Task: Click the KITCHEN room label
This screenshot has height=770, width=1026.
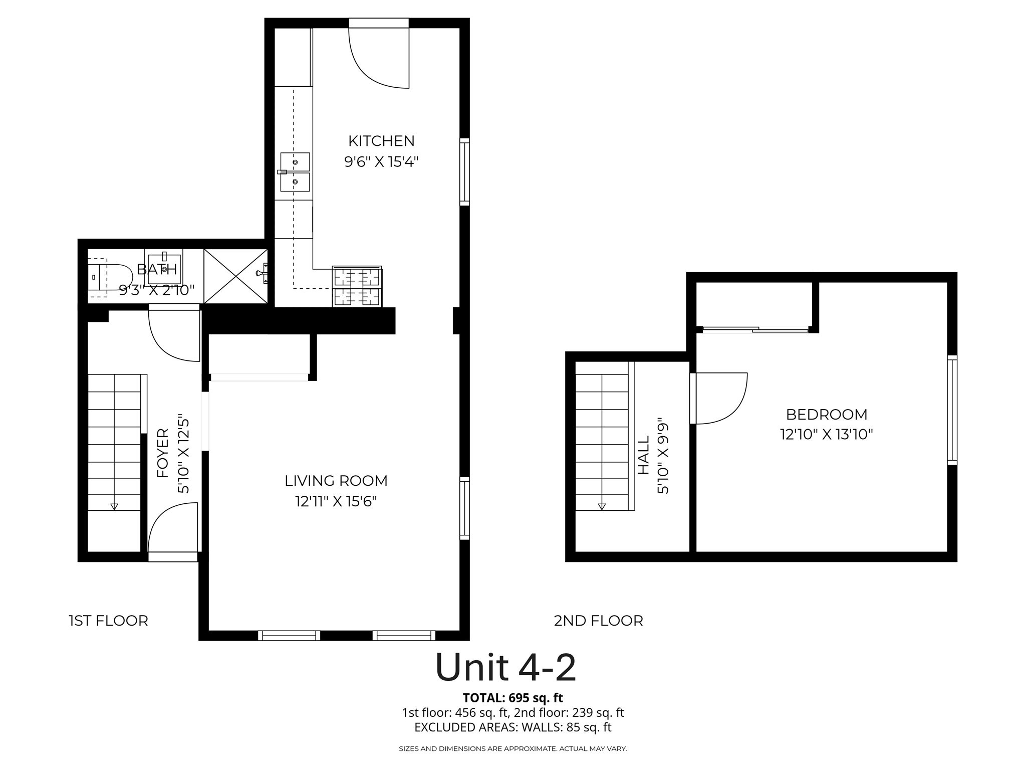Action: click(x=381, y=141)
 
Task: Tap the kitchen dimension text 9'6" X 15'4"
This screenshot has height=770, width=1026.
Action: click(x=381, y=162)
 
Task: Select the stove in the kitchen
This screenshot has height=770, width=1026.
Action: click(x=357, y=287)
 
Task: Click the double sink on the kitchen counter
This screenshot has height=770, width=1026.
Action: click(x=295, y=172)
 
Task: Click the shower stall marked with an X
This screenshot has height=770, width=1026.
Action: click(x=236, y=276)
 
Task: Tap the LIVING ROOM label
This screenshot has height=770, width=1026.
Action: click(x=336, y=481)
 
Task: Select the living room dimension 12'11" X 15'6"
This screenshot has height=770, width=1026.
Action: click(x=336, y=501)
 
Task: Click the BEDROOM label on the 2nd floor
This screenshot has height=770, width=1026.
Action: click(x=827, y=415)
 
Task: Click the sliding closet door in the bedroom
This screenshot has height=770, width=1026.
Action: click(x=755, y=329)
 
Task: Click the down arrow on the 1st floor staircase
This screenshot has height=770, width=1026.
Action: click(x=114, y=506)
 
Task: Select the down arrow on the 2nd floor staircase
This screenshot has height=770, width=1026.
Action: click(x=602, y=506)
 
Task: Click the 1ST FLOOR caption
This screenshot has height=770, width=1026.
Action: click(x=108, y=621)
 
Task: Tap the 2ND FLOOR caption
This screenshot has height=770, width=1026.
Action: click(x=598, y=621)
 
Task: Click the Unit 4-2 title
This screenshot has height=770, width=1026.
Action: click(x=506, y=668)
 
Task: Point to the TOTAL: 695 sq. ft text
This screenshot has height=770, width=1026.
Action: click(x=512, y=697)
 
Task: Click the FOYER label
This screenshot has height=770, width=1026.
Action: click(x=163, y=453)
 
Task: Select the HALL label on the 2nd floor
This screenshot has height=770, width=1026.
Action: click(x=643, y=455)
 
